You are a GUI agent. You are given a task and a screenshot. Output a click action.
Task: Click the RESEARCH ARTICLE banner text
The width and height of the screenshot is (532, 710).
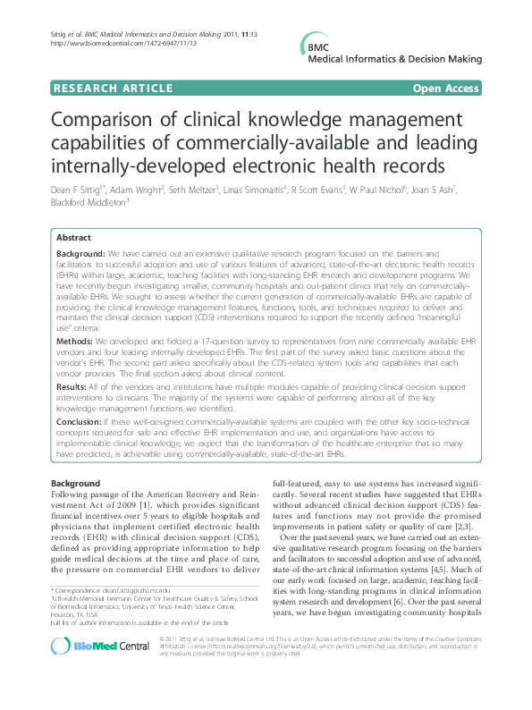(114, 88)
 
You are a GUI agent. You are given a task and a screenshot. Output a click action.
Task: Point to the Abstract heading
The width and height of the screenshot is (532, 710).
(73, 238)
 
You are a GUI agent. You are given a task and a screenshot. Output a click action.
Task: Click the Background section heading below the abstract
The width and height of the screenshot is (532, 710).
(75, 483)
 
